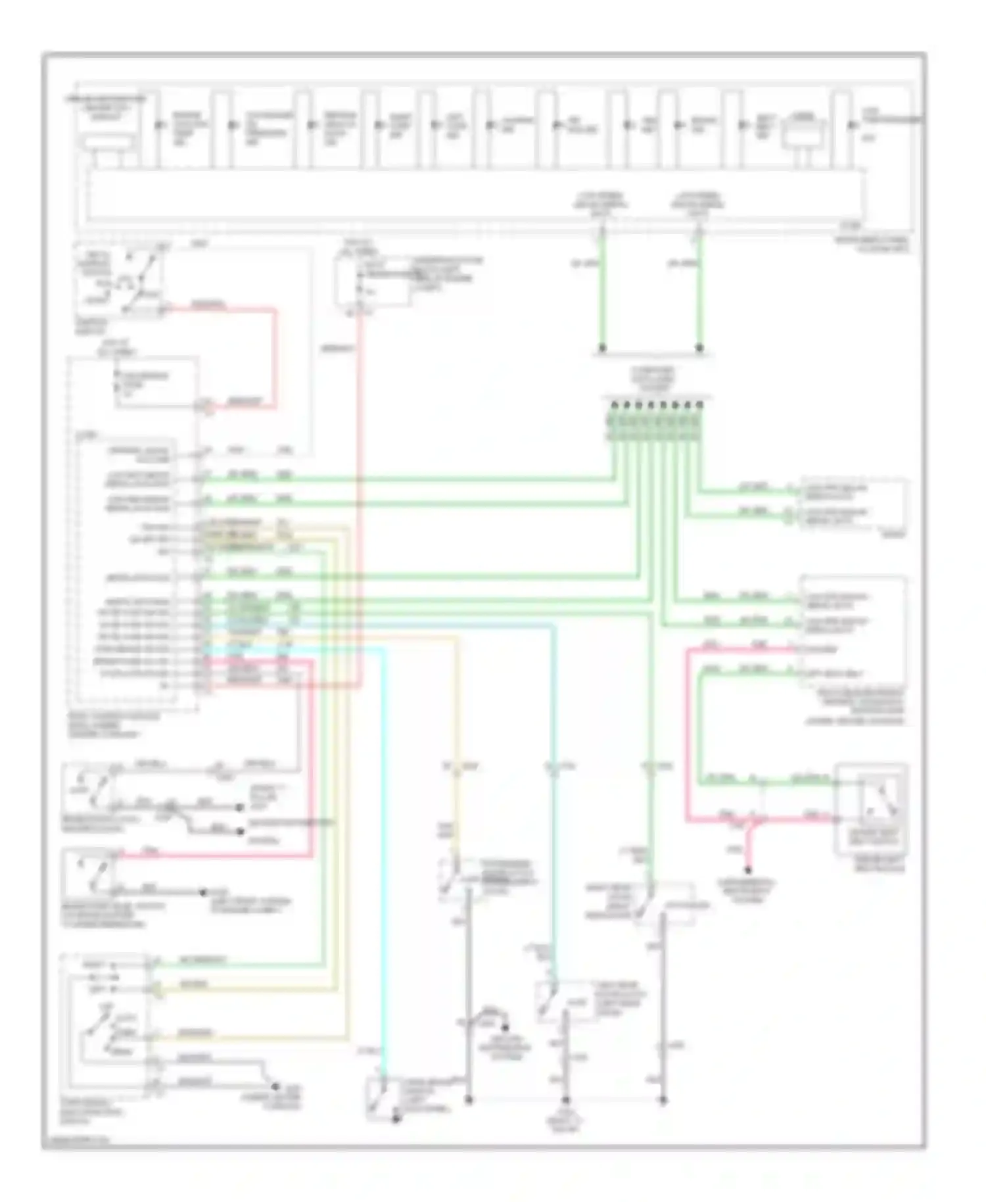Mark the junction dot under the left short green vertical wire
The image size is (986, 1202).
pos(601,347)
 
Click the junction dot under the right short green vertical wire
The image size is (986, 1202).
pos(699,347)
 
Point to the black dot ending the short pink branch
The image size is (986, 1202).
pos(747,869)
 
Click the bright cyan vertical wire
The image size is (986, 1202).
pos(385,855)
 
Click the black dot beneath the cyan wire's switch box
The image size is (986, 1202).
pos(396,1118)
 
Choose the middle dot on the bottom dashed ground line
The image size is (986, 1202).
pos(565,1100)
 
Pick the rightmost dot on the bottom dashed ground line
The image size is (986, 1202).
pos(663,1100)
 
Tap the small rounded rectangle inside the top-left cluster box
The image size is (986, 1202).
pos(107,142)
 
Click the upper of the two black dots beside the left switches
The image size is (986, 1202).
pos(240,807)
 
